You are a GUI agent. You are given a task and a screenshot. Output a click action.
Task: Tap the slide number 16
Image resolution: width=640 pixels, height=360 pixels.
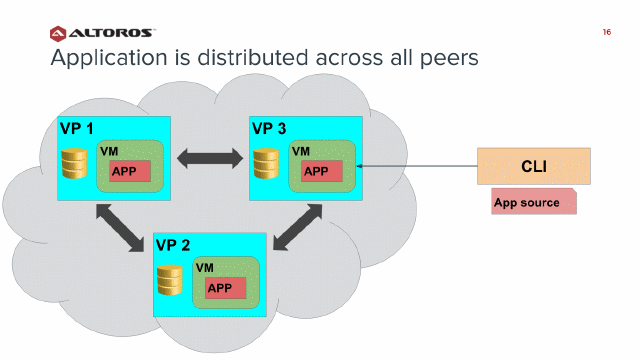pyautogui.click(x=606, y=33)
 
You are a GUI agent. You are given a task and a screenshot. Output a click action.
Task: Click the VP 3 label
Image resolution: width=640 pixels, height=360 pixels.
pyautogui.click(x=269, y=129)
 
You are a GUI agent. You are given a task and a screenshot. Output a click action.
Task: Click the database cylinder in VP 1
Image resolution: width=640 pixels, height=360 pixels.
pyautogui.click(x=73, y=163)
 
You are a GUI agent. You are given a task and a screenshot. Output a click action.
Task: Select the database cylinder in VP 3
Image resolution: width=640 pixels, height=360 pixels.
pyautogui.click(x=265, y=163)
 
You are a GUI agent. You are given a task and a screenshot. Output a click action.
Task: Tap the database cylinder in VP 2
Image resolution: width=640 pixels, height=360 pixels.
pyautogui.click(x=169, y=280)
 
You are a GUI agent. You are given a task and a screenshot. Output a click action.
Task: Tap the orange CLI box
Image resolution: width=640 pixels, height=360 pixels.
pyautogui.click(x=533, y=166)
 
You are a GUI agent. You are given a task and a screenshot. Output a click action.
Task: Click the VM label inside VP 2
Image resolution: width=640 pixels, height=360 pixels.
pyautogui.click(x=205, y=268)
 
